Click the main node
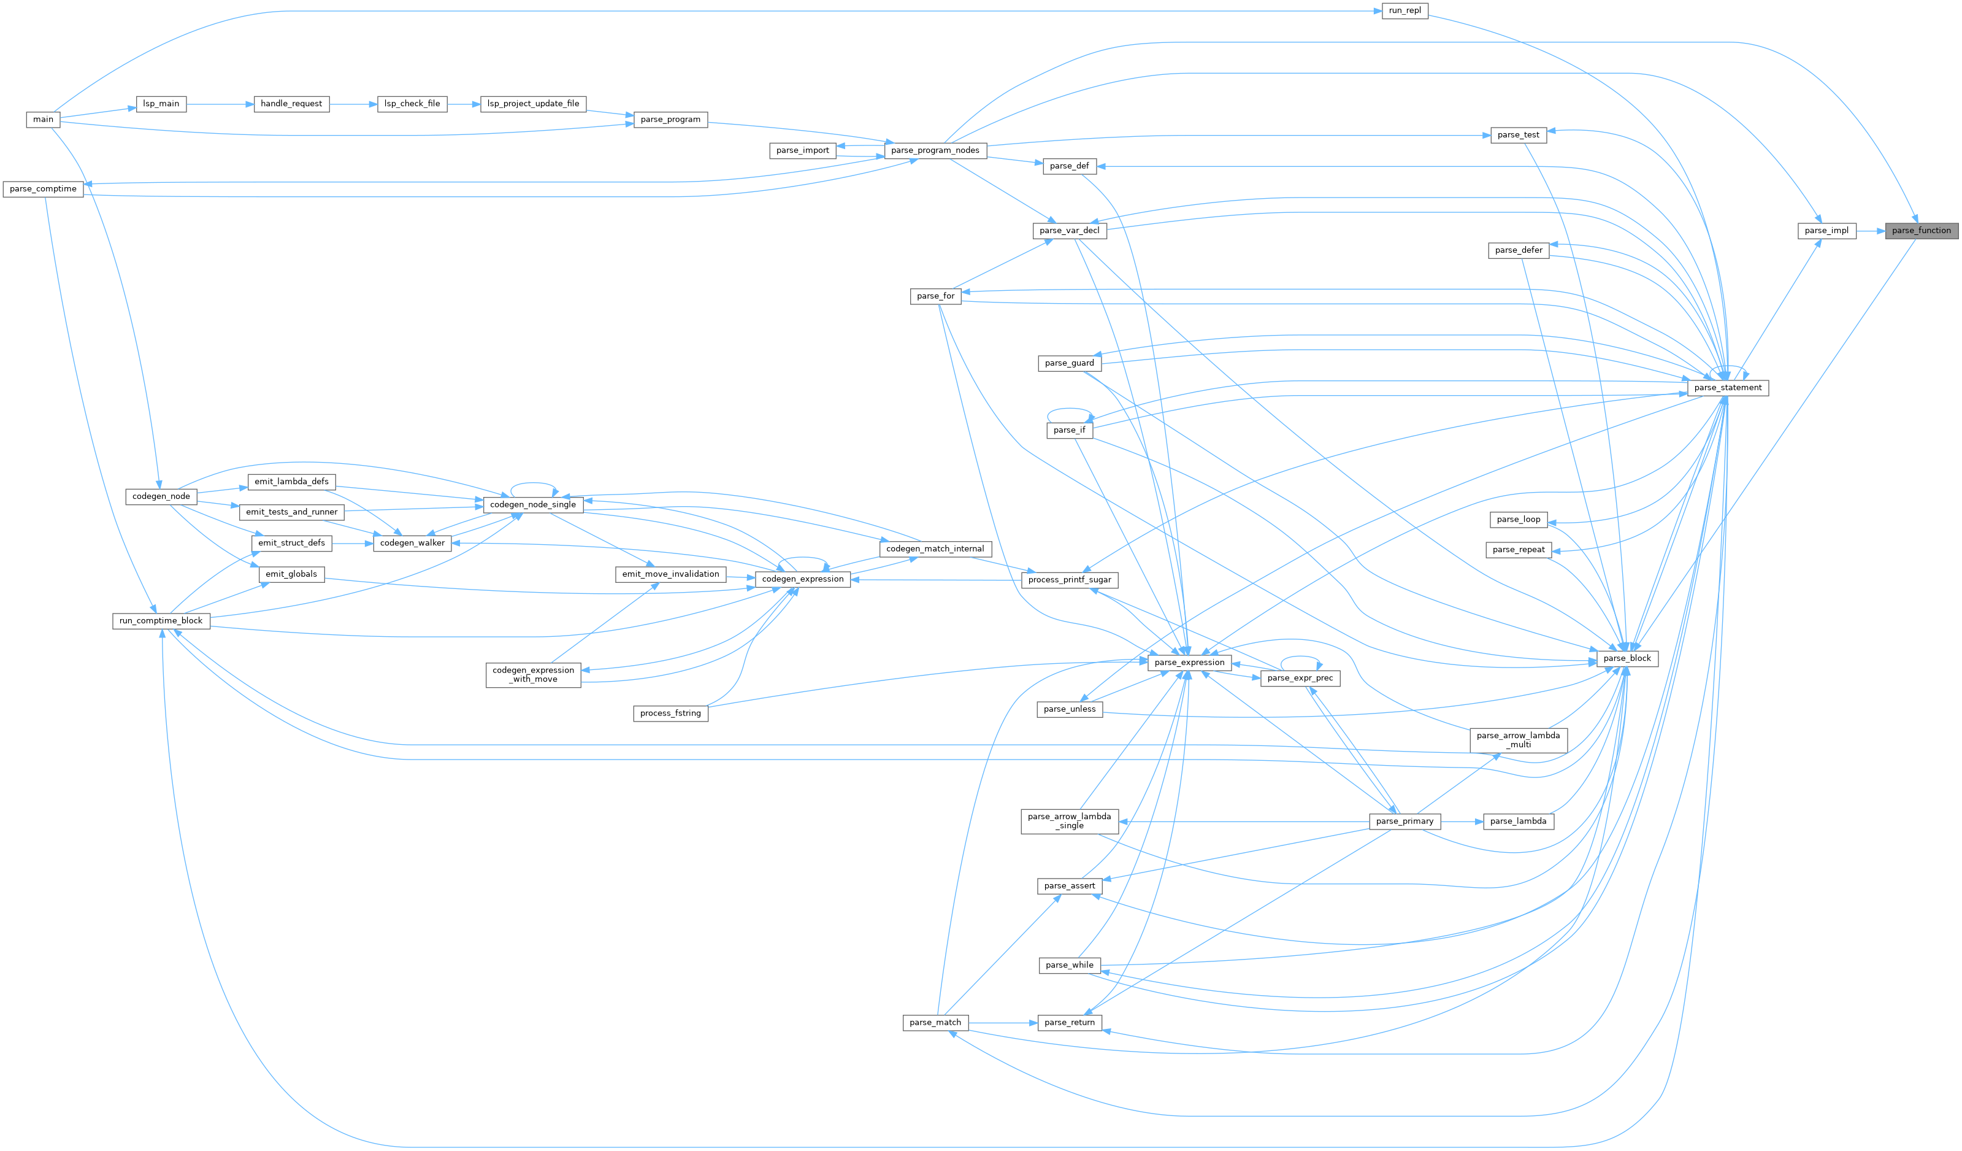43,119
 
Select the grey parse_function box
1921,231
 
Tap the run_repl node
1404,11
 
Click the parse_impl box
1826,231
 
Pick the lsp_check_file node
412,104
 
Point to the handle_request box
291,104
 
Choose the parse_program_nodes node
935,150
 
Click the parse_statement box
1727,388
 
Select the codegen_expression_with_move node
534,674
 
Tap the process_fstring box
670,714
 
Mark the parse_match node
935,1023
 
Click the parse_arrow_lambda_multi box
1517,740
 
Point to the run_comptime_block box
161,621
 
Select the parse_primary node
1404,822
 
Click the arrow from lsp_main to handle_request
220,104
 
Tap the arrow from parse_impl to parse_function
1870,231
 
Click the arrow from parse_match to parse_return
1003,1023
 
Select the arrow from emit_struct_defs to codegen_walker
352,543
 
